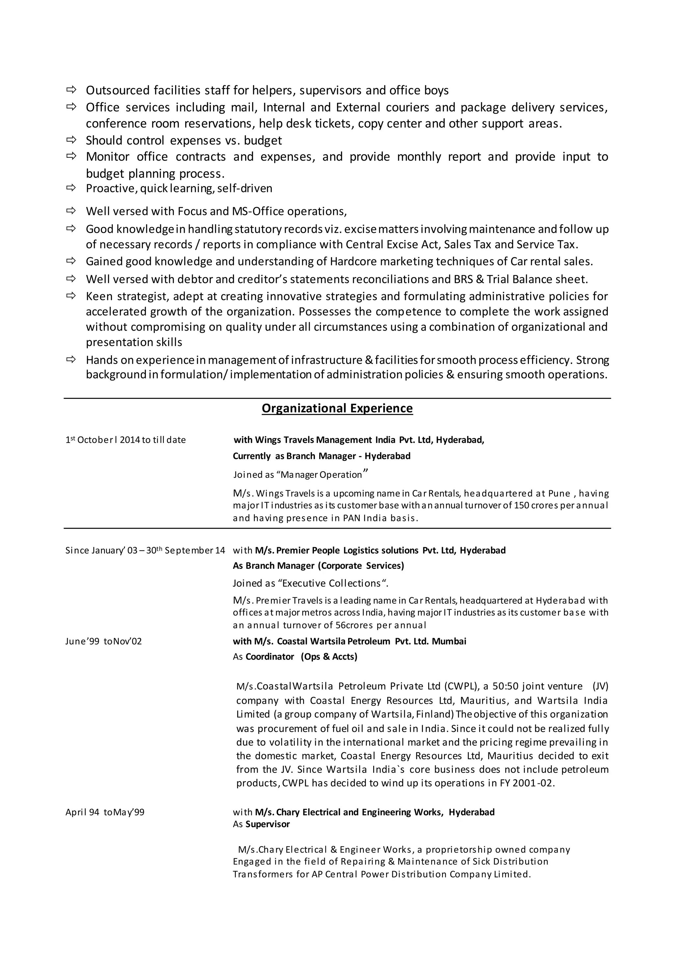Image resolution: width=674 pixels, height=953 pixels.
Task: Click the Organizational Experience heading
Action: pyautogui.click(x=337, y=408)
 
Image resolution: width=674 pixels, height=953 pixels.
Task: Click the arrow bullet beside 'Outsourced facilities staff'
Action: pyautogui.click(x=71, y=89)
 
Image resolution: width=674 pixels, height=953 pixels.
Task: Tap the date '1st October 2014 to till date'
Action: pyautogui.click(x=125, y=440)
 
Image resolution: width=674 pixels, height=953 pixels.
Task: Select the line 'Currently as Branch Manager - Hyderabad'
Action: pyautogui.click(x=321, y=456)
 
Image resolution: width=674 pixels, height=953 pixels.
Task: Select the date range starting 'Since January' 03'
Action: pyautogui.click(x=145, y=550)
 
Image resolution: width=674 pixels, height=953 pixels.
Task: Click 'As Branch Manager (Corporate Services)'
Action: pyautogui.click(x=318, y=565)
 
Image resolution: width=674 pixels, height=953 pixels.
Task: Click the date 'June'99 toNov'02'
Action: pyautogui.click(x=103, y=641)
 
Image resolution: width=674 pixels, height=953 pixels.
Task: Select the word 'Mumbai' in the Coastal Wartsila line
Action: pyautogui.click(x=449, y=641)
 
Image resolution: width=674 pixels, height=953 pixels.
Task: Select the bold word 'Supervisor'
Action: pyautogui.click(x=267, y=824)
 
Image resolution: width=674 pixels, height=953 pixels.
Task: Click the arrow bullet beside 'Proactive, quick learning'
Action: pyautogui.click(x=71, y=188)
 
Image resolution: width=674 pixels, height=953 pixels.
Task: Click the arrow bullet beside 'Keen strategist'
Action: pyautogui.click(x=71, y=296)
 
